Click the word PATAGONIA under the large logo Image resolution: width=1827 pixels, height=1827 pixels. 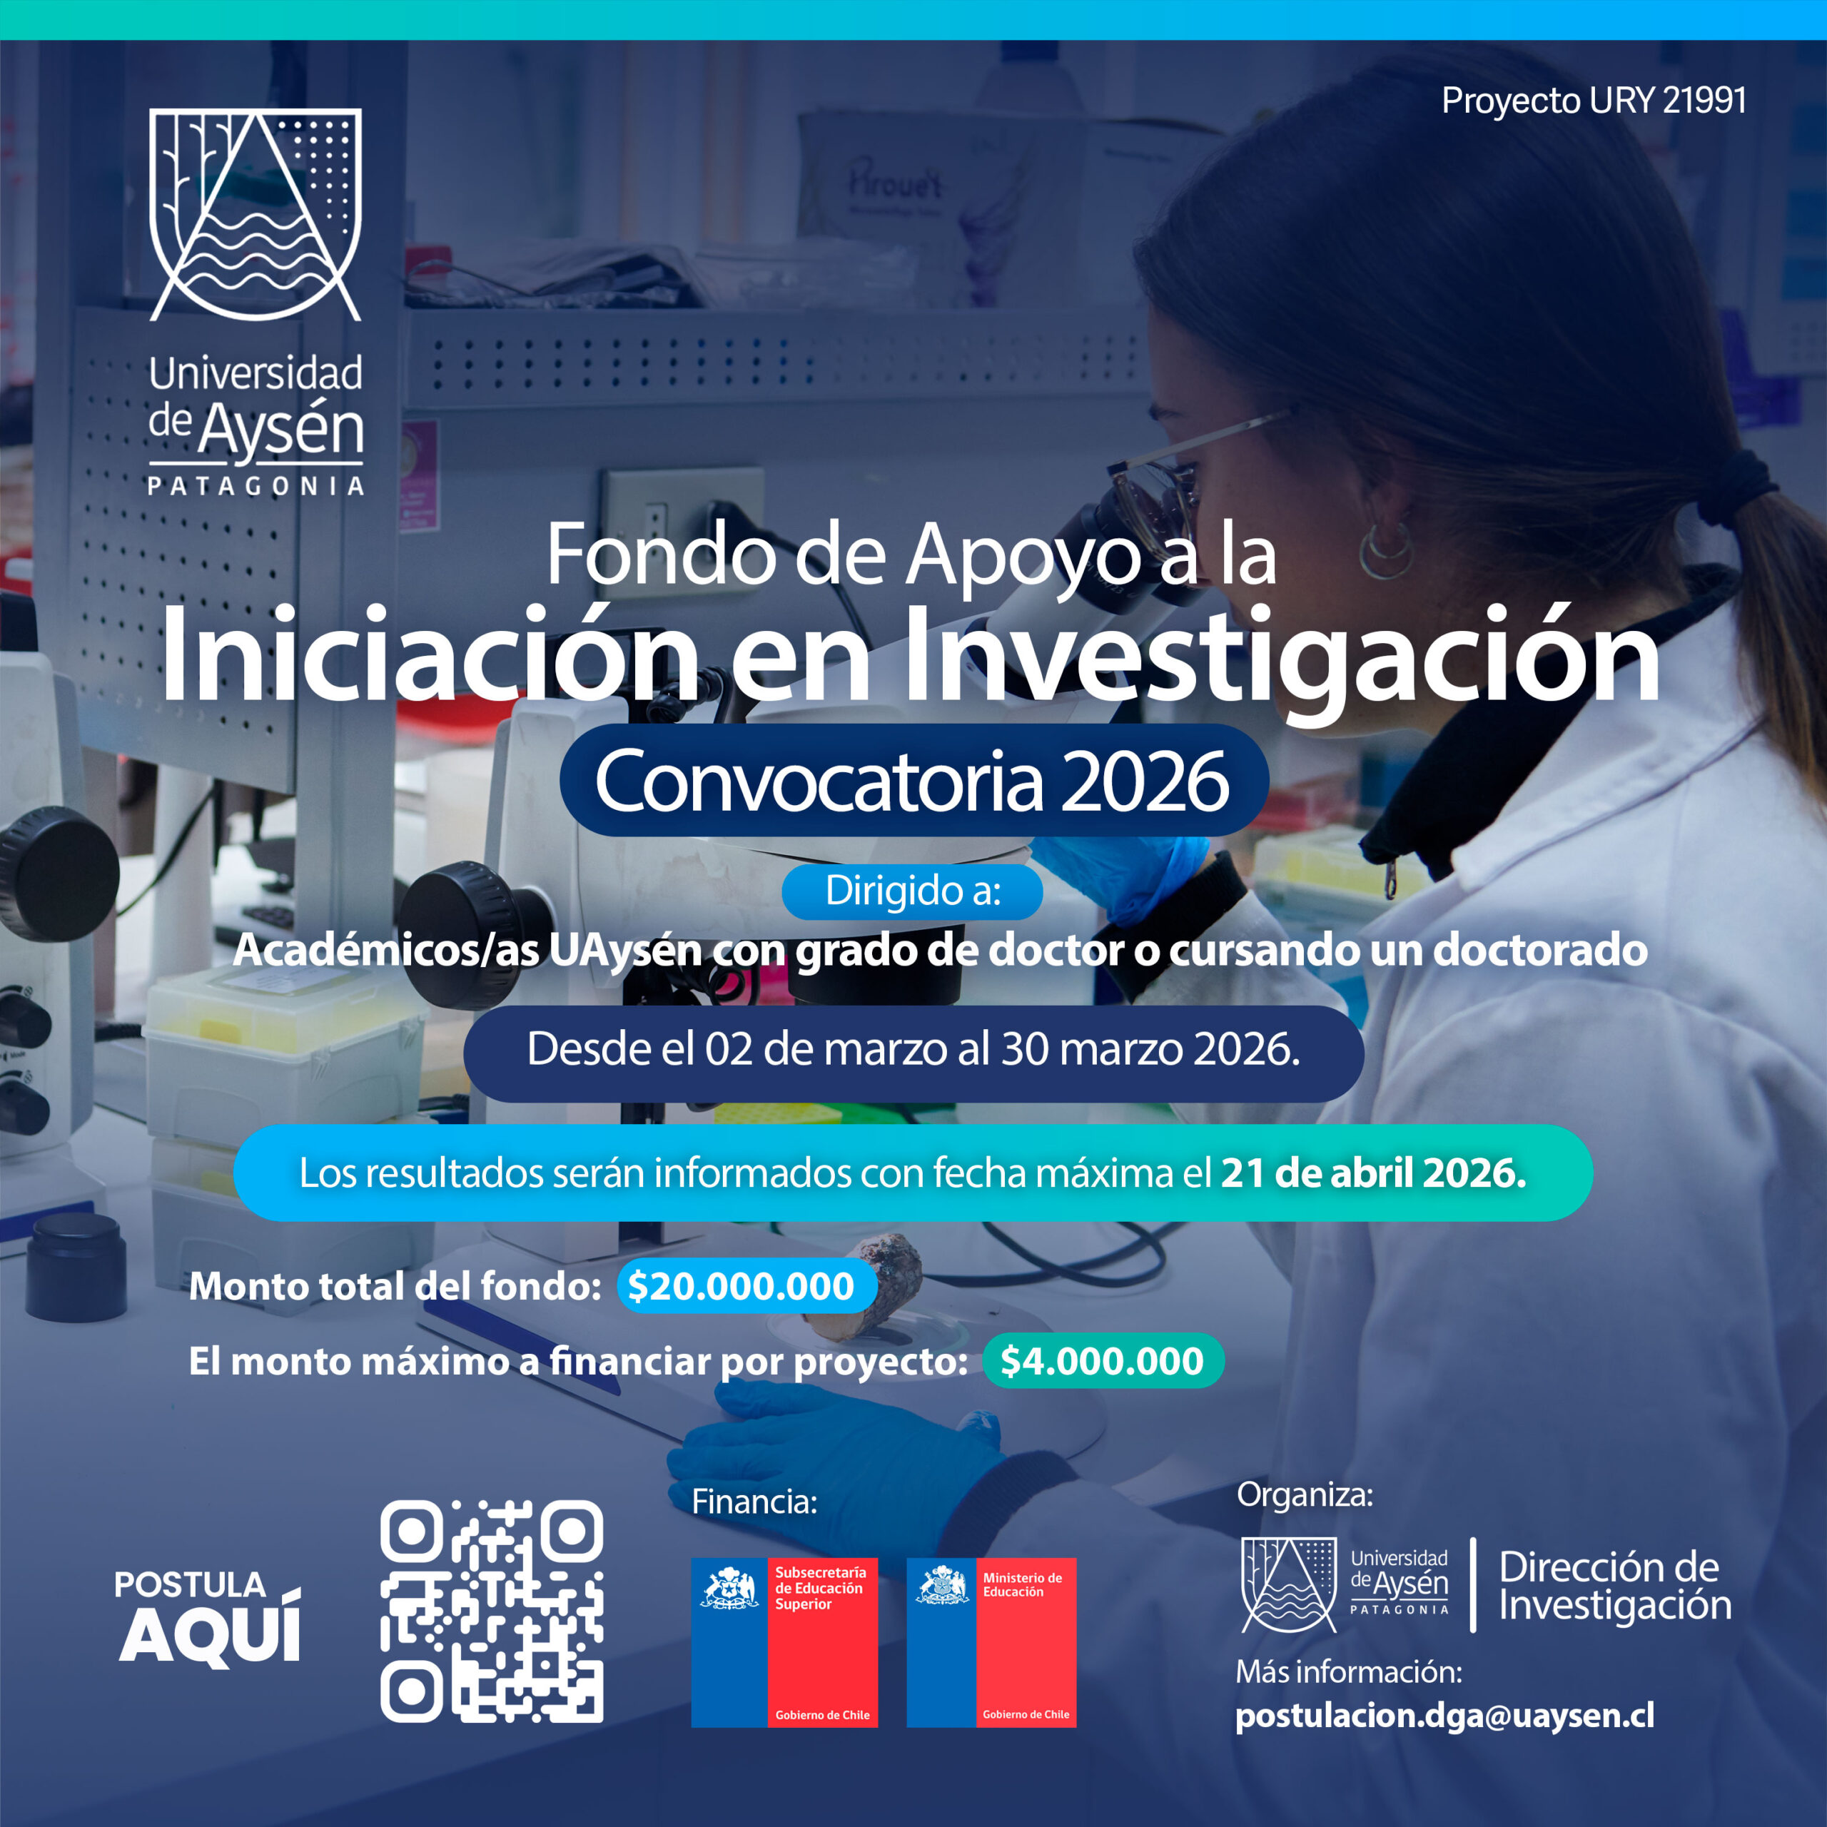255,486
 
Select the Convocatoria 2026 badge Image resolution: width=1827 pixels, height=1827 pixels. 913,781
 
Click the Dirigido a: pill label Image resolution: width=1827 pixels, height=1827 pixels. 913,891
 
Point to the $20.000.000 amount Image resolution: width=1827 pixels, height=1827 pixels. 742,1286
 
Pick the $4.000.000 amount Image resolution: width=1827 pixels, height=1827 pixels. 1102,1361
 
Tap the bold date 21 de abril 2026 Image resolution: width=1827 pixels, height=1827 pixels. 1373,1173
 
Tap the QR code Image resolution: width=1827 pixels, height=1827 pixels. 492,1611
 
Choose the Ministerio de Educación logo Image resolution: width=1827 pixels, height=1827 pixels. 991,1644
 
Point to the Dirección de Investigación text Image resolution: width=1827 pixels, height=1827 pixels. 1614,1586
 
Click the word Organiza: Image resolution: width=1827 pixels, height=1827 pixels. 1304,1495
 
